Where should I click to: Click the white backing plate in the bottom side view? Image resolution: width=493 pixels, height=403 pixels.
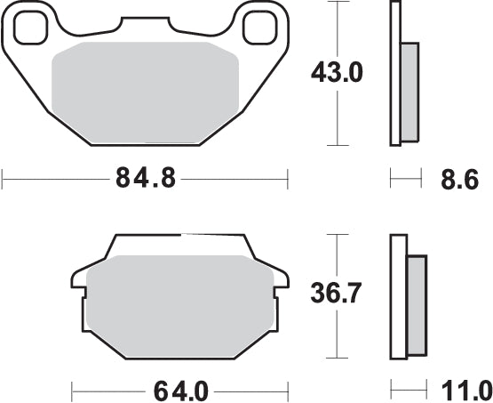tap(398, 294)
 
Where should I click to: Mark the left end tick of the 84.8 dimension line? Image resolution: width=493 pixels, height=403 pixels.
tap(3, 180)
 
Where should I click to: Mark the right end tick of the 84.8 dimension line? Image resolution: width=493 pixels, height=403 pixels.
tap(289, 180)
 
